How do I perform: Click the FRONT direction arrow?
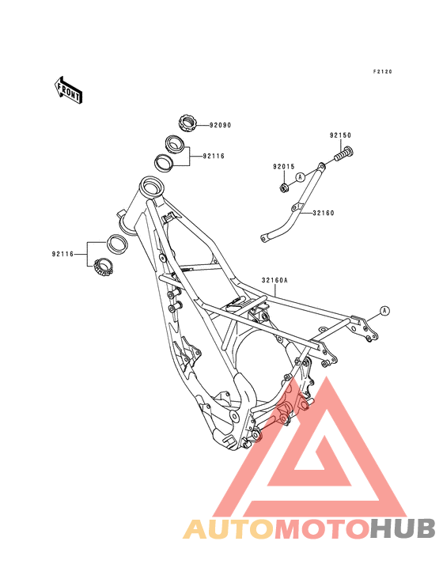(68, 89)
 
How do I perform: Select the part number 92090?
(221, 125)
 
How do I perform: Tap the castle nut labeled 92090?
(187, 123)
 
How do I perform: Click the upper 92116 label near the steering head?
(214, 156)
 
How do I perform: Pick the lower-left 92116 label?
(62, 254)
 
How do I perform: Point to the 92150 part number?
(340, 135)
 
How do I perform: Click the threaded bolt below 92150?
(344, 153)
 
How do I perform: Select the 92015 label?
(284, 167)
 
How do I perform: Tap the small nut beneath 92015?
(283, 187)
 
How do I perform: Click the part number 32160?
(324, 213)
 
